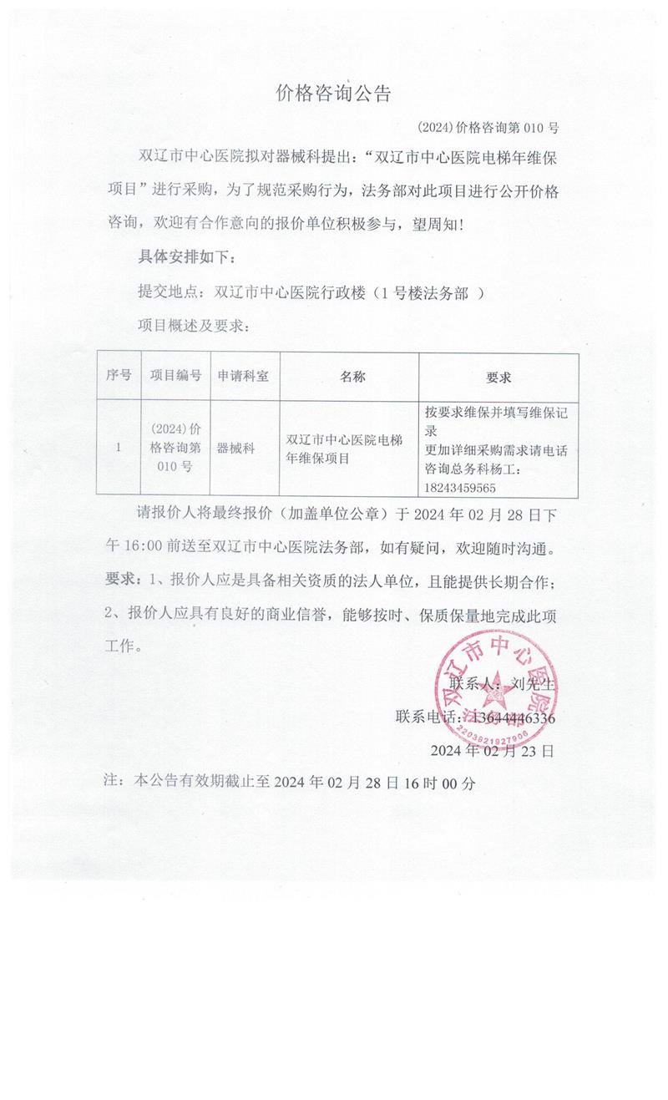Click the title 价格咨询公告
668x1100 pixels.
(333, 94)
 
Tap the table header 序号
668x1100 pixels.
(119, 376)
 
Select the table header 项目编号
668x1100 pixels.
(175, 376)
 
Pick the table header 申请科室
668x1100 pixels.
(243, 376)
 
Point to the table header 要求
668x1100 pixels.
(498, 378)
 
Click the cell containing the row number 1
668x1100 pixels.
(119, 448)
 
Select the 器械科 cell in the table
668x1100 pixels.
(235, 448)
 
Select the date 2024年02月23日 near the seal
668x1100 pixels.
(492, 750)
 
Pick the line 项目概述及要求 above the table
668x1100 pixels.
(193, 326)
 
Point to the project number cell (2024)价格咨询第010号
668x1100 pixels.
(175, 448)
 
